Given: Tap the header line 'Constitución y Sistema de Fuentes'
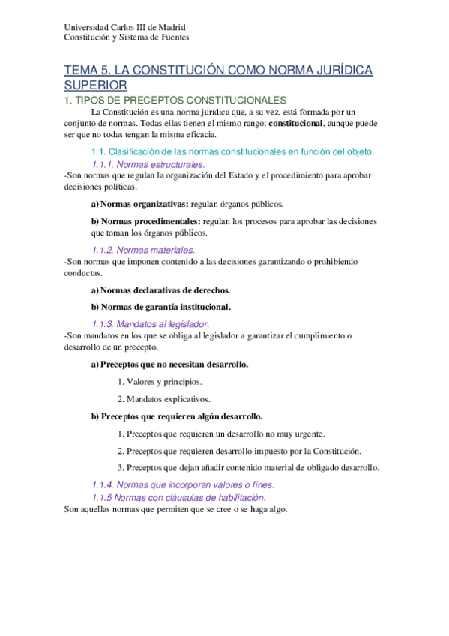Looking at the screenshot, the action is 126,37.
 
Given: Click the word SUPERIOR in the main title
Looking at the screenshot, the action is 95,85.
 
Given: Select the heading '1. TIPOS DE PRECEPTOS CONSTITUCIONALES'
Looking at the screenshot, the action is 175,100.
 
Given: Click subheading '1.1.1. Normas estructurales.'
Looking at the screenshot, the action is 148,164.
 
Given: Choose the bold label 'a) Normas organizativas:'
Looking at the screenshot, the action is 139,203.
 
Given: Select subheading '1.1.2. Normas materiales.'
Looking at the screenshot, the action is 142,250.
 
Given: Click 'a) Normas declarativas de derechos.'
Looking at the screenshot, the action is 160,289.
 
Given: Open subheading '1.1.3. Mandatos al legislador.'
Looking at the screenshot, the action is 150,323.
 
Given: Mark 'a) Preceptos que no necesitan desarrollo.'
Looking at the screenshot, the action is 169,364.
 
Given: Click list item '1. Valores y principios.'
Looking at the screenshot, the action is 160,382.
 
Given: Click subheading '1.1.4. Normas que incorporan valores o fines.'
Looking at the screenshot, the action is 183,484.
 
